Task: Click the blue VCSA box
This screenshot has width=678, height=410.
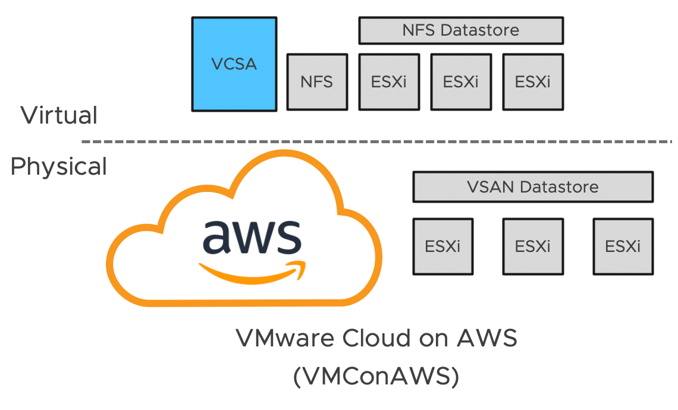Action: [x=234, y=64]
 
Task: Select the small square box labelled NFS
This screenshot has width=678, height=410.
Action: [x=317, y=82]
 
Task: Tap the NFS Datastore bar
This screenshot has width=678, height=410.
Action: [x=461, y=30]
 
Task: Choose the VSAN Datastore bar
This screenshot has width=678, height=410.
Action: [x=533, y=187]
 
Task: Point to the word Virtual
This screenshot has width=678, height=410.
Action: [x=59, y=115]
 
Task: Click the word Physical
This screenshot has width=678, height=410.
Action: [x=59, y=166]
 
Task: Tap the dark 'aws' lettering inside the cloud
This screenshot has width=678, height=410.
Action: [x=251, y=236]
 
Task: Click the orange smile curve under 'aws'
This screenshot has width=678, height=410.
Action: [x=250, y=272]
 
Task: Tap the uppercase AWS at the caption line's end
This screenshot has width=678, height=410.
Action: [x=487, y=339]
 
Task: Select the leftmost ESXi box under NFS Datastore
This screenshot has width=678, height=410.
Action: [x=389, y=82]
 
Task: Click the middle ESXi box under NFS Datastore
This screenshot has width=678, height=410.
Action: [x=461, y=82]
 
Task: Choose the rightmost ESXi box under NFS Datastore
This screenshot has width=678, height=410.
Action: [x=533, y=82]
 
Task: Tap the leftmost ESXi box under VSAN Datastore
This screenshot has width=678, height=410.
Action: [x=443, y=246]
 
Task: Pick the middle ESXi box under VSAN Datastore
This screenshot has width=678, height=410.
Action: [x=533, y=246]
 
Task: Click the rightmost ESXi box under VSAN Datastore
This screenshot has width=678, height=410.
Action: [x=623, y=246]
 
